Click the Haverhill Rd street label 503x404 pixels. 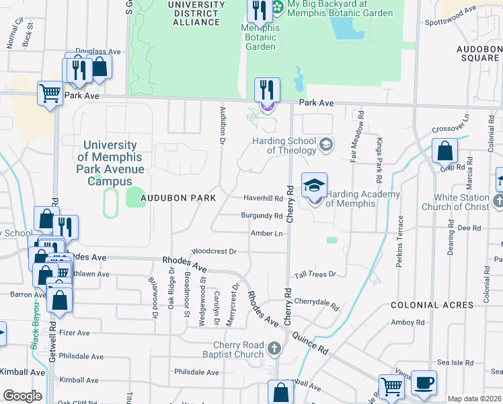pyautogui.click(x=262, y=199)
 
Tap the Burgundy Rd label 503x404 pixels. pyautogui.click(x=262, y=216)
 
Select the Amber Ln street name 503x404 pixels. pyautogui.click(x=266, y=233)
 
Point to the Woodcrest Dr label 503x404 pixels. pyautogui.click(x=214, y=251)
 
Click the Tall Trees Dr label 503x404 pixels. pyautogui.click(x=315, y=275)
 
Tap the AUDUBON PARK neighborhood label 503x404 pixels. pyautogui.click(x=178, y=198)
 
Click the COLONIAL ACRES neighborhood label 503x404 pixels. pyautogui.click(x=436, y=305)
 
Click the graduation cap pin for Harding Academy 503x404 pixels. pyautogui.click(x=314, y=185)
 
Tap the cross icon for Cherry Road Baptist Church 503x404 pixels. pyautogui.click(x=273, y=348)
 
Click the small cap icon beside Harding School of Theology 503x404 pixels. pyautogui.click(x=326, y=143)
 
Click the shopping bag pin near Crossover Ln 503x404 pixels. pyautogui.click(x=445, y=151)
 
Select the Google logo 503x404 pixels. pyautogui.click(x=22, y=396)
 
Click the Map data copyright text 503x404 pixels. pyautogui.click(x=474, y=399)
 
